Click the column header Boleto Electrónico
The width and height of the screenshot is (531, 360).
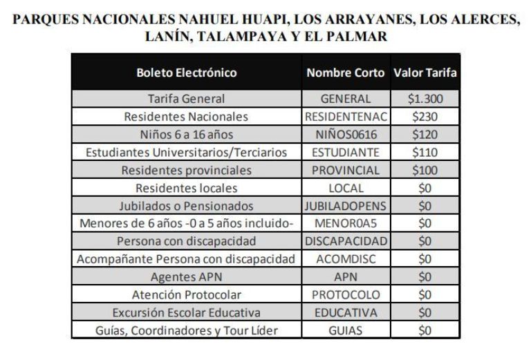tap(187, 73)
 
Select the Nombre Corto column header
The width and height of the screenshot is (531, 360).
tap(346, 73)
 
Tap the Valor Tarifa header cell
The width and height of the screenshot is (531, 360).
tap(425, 73)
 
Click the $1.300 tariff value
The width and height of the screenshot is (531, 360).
tap(425, 99)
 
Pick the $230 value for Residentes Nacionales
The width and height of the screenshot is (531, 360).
tap(425, 117)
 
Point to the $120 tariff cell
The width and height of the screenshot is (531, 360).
tap(425, 135)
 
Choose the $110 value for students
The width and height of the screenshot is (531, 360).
tap(425, 152)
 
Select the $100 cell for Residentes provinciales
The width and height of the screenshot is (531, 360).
tap(425, 170)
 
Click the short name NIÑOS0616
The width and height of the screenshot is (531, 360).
tap(346, 135)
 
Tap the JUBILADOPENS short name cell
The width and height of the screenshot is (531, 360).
tap(346, 206)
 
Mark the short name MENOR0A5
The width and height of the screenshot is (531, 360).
tap(346, 224)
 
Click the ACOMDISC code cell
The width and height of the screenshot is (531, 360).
tap(346, 259)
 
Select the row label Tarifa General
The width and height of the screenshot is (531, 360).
tap(187, 99)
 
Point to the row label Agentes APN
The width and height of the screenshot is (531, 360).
tap(187, 277)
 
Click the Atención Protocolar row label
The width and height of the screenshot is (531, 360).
tap(187, 295)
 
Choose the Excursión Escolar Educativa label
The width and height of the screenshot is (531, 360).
tap(187, 313)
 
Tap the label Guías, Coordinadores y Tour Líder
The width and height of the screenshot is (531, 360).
tap(187, 331)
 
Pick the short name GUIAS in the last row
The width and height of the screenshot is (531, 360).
tap(346, 331)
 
